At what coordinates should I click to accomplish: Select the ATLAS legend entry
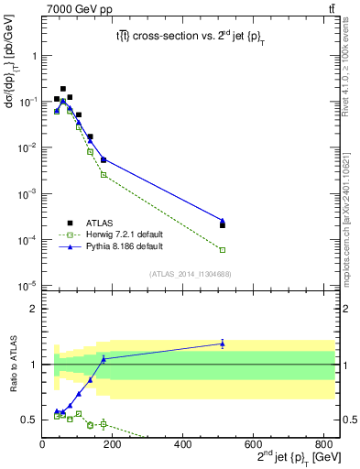pyautogui.click(x=88, y=223)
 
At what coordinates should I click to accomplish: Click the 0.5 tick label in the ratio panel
pyautogui.click(x=30, y=420)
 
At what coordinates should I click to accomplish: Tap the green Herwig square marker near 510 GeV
pyautogui.click(x=223, y=249)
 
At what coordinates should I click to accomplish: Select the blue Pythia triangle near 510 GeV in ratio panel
pyautogui.click(x=223, y=344)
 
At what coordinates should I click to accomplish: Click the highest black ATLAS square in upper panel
pyautogui.click(x=62, y=89)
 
